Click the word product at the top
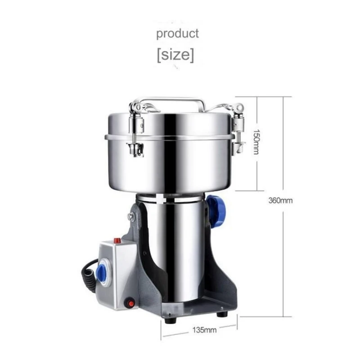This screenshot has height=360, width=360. coord(177,33)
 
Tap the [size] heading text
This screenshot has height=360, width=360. coord(175,55)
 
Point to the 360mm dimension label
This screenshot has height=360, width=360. coord(280,201)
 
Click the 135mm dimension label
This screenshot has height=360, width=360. coord(205,330)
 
